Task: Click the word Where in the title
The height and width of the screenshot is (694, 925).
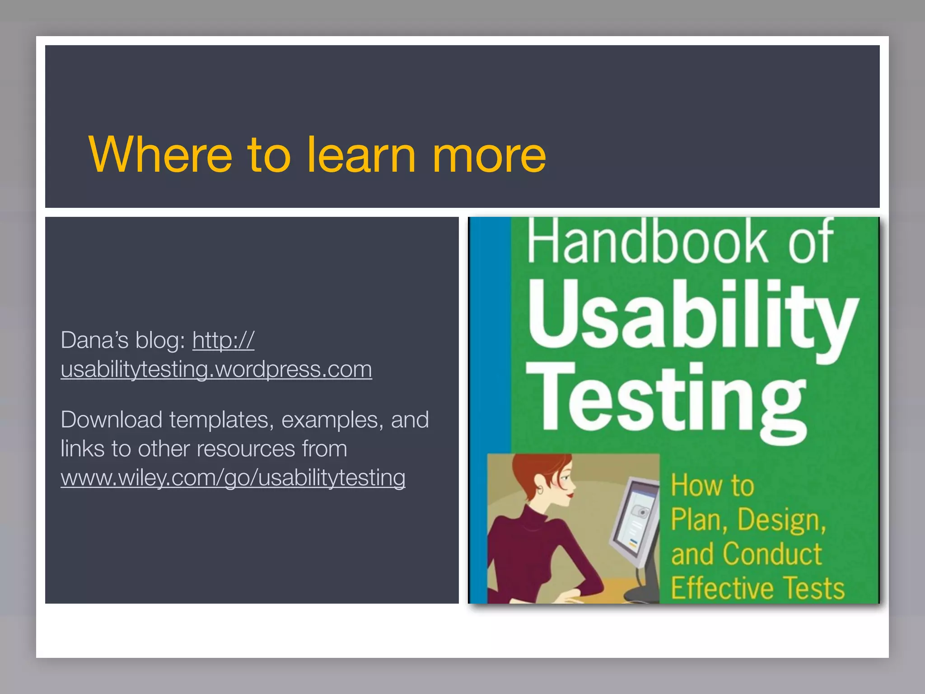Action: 161,155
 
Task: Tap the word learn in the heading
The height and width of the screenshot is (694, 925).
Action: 361,155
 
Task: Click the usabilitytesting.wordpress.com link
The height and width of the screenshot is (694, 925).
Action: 216,370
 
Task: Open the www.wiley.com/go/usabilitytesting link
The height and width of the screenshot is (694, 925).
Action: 233,478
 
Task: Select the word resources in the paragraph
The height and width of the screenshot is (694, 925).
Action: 246,449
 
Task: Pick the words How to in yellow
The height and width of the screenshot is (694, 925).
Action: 712,486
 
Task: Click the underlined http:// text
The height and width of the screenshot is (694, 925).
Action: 223,340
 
